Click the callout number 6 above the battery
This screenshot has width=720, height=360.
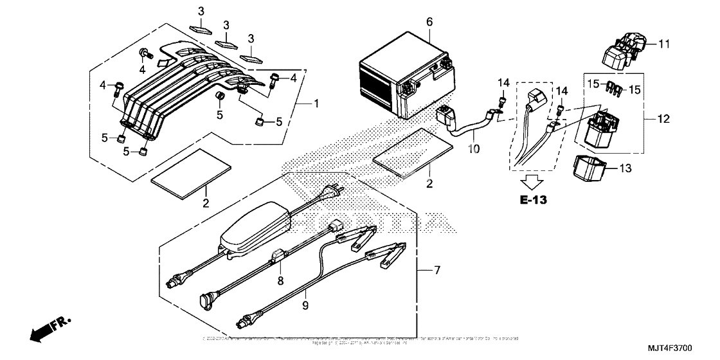point(429,22)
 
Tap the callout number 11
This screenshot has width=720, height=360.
point(663,44)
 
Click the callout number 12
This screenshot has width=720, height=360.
point(664,119)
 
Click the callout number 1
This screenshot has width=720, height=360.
point(316,103)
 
